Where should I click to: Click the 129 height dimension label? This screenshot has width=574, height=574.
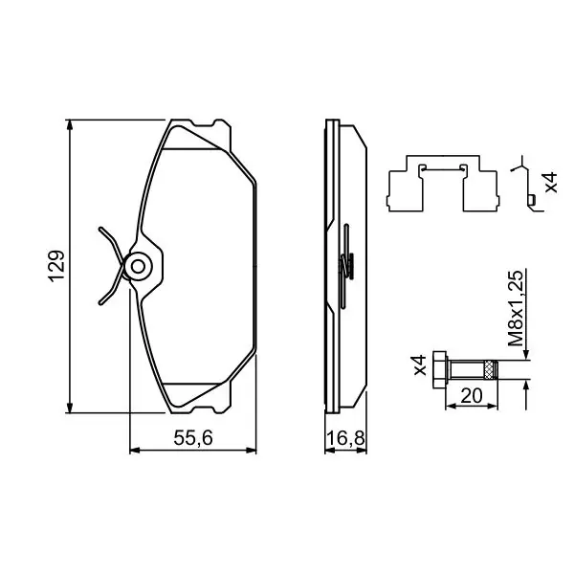(x=56, y=266)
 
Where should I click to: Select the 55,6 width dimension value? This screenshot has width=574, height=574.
(x=193, y=437)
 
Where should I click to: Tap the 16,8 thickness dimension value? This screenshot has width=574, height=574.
(x=345, y=437)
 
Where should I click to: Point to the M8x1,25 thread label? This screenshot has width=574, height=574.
(x=516, y=308)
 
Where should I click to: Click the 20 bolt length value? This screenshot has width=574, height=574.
(x=472, y=395)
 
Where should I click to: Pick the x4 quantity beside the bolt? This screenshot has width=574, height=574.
(x=420, y=364)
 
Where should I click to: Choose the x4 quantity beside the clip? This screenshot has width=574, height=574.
(x=551, y=183)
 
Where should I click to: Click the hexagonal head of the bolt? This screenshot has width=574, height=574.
(x=440, y=369)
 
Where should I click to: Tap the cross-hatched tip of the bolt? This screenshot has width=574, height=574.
(x=491, y=369)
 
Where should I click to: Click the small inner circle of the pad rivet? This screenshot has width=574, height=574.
(x=138, y=267)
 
